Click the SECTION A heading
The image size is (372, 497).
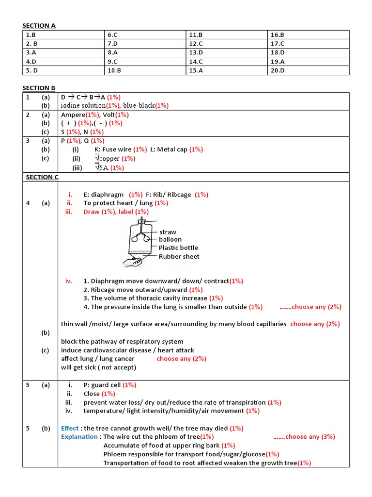click(39, 26)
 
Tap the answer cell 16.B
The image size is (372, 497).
click(277, 35)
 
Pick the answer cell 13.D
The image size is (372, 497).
click(196, 52)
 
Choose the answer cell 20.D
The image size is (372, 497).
click(278, 70)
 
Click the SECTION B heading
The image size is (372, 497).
click(39, 88)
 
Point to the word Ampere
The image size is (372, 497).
click(73, 115)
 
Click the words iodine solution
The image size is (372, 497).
click(83, 105)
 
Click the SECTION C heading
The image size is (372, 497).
click(42, 177)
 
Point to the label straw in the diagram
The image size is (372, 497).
click(168, 232)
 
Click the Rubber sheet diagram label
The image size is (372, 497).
click(179, 256)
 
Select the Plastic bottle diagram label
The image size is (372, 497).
click(178, 248)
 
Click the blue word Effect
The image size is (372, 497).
click(70, 428)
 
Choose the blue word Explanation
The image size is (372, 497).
click(79, 437)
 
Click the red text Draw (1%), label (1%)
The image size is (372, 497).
click(116, 212)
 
